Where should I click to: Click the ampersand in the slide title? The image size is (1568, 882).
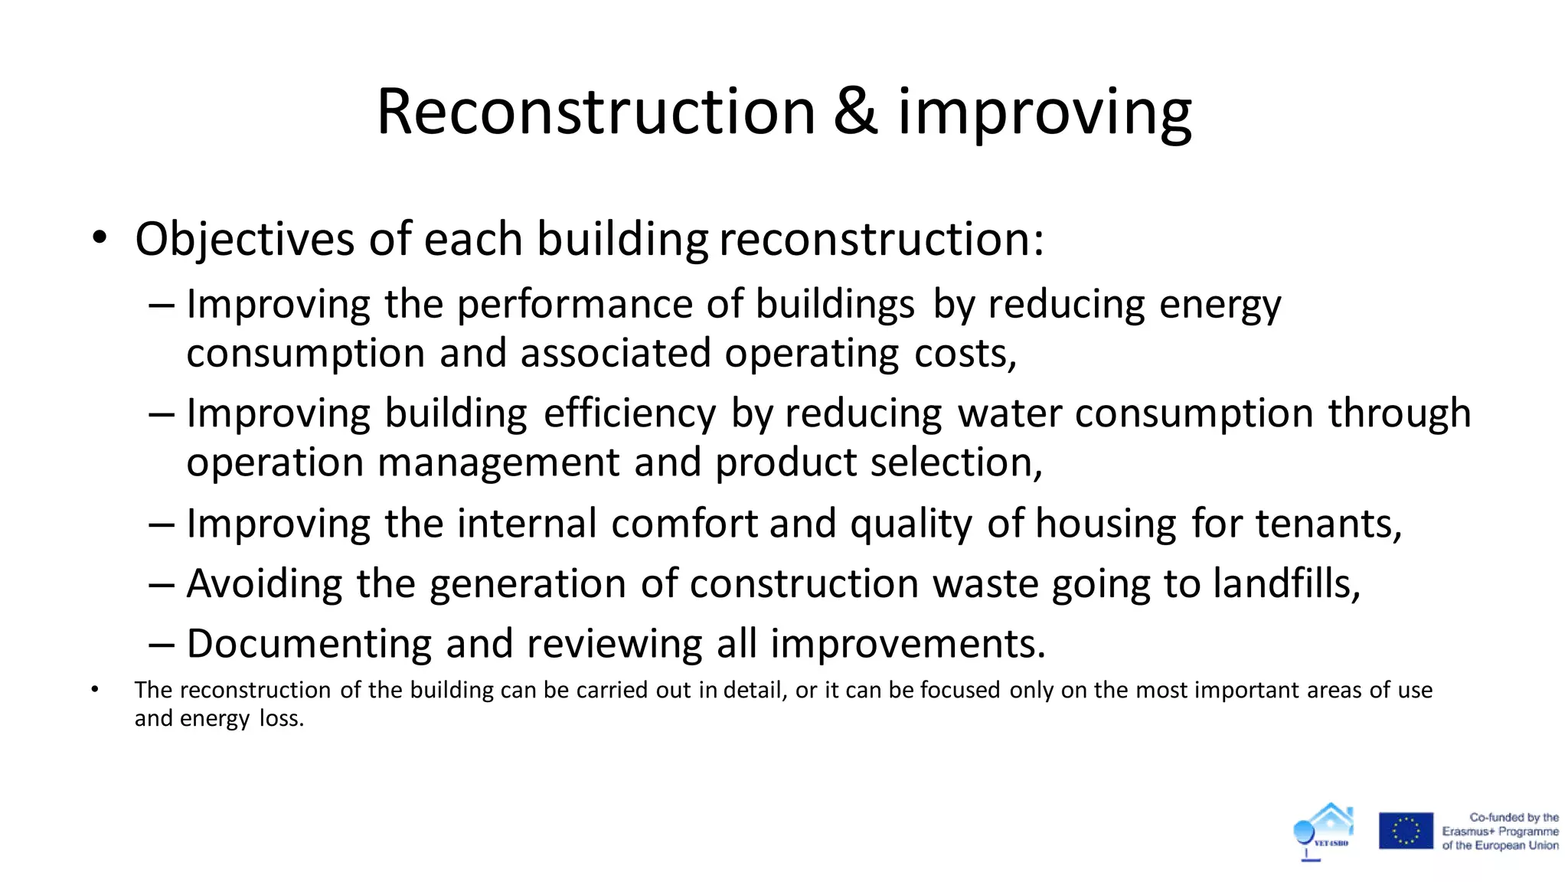point(855,112)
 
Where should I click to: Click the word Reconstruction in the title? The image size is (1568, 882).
point(596,112)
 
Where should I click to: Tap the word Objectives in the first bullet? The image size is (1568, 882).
point(244,239)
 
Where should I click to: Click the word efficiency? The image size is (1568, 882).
point(629,413)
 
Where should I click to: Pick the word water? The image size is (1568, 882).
point(1010,413)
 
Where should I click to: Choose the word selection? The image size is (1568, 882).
point(955,462)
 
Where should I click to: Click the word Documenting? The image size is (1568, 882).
point(309,643)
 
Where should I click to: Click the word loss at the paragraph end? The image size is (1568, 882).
point(281,718)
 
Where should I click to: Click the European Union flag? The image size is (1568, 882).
point(1406,831)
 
